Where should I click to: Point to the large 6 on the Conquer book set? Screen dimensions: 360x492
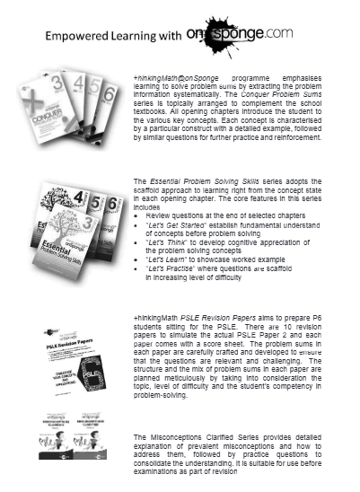(x=110, y=93)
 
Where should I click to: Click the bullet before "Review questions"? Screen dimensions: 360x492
(x=136, y=217)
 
